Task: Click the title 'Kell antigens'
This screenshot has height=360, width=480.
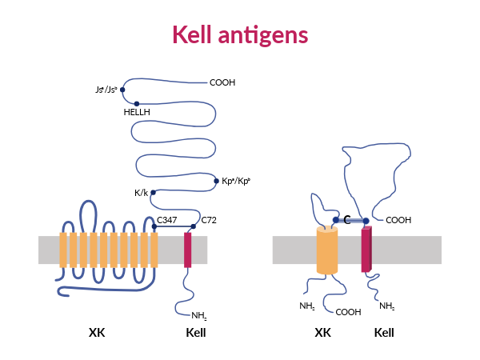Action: (240, 34)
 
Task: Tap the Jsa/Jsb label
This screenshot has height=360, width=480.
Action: (106, 90)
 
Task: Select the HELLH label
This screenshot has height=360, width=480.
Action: (137, 113)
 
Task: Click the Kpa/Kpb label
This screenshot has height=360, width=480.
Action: (236, 181)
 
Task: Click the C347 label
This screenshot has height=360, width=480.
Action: (167, 219)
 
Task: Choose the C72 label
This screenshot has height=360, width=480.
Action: (209, 219)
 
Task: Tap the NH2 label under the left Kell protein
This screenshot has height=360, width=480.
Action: (199, 316)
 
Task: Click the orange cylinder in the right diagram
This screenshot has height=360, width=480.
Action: (327, 251)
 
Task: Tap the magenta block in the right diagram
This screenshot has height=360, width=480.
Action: (366, 250)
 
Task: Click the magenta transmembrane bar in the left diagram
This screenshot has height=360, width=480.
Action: (188, 250)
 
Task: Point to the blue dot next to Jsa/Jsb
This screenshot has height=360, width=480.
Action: (122, 90)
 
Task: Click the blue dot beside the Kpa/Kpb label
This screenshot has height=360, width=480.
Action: (215, 181)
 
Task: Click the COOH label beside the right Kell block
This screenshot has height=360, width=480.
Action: (398, 221)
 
